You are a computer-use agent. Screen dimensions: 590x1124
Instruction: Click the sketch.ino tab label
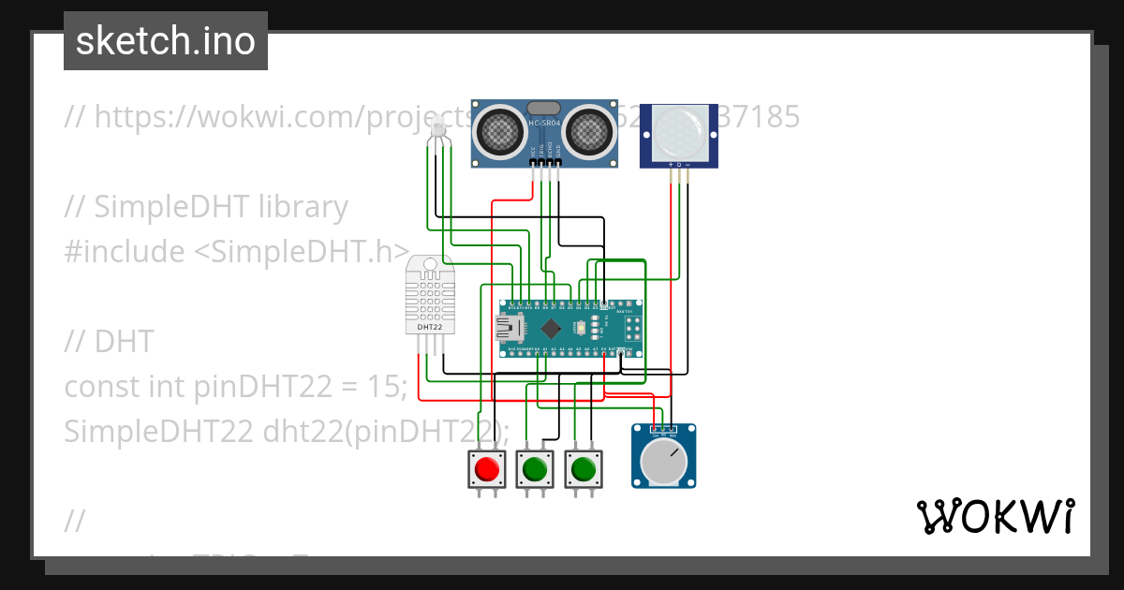coord(165,41)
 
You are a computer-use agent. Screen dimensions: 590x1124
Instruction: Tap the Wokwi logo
coord(995,516)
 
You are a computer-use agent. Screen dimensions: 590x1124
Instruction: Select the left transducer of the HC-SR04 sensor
coord(501,132)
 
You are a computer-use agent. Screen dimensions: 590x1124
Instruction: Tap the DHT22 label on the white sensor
coord(430,328)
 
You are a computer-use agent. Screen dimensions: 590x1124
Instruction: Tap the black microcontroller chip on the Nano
coord(552,328)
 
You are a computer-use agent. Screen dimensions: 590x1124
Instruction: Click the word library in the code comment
coord(303,207)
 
